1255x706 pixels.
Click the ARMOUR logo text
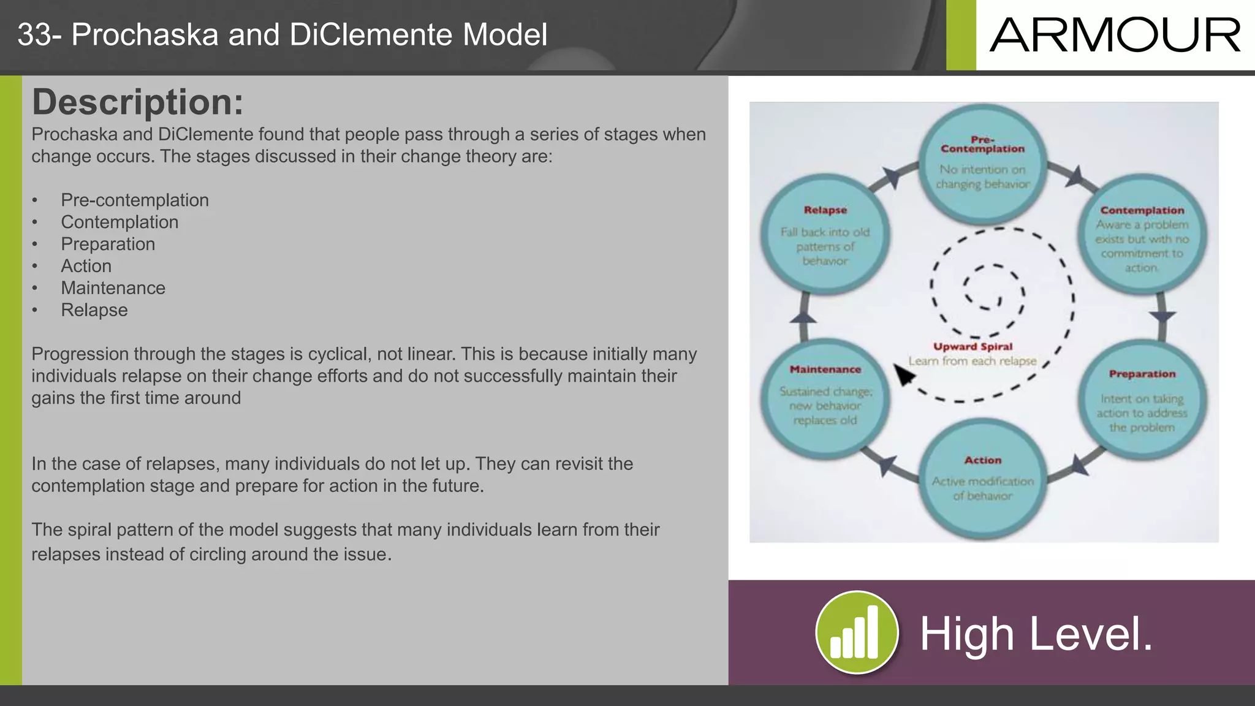(1115, 35)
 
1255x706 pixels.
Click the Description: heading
(137, 102)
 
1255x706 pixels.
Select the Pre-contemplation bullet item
(134, 200)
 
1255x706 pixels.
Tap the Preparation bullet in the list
(108, 244)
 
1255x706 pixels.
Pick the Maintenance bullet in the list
(113, 288)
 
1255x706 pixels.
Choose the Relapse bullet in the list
(94, 310)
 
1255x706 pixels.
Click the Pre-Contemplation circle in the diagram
(982, 163)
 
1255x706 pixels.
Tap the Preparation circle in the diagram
(1142, 401)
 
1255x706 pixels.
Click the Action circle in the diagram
(982, 479)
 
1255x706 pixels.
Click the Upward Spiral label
(973, 347)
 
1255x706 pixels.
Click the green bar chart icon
(856, 632)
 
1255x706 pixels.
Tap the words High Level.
(1036, 634)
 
